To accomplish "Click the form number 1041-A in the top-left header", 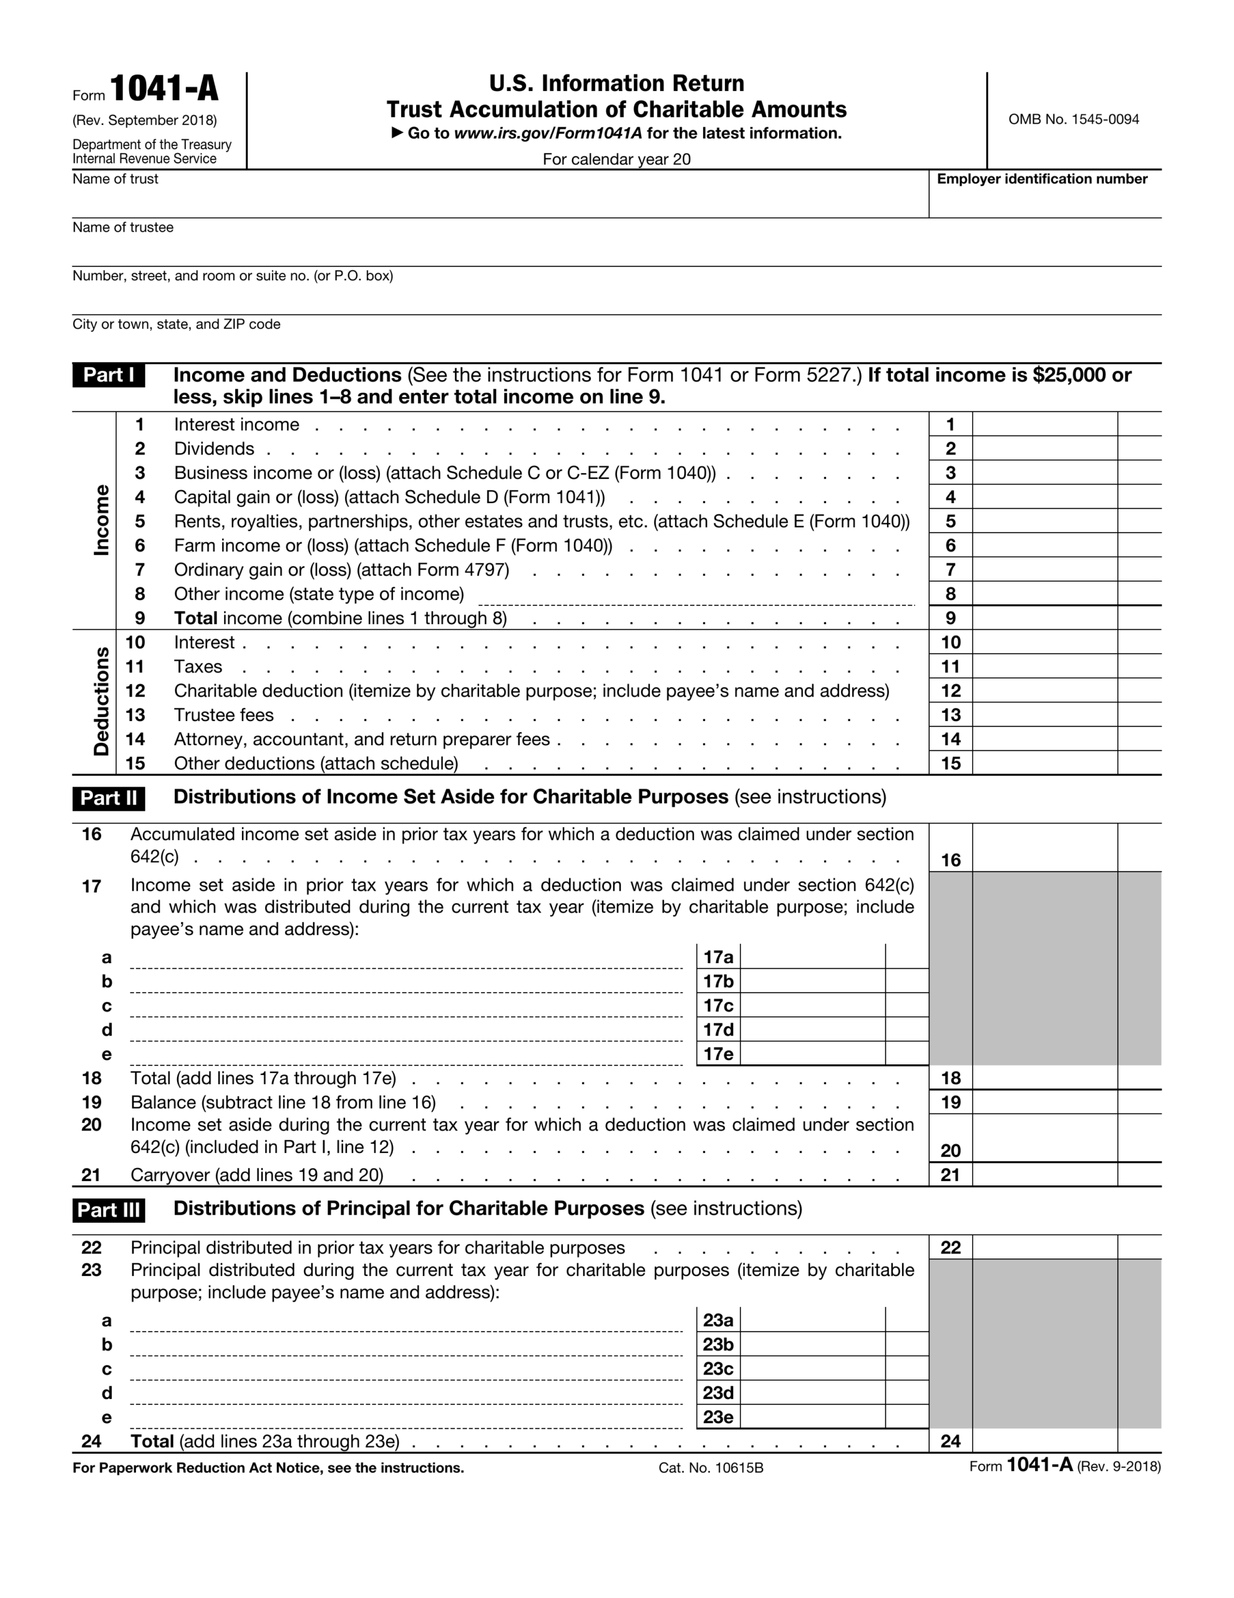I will [164, 89].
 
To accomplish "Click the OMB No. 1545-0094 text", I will [1073, 119].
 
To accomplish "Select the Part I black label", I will [109, 375].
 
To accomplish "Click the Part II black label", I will [109, 798].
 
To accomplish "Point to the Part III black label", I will [109, 1210].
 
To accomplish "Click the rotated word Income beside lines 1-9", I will [102, 520].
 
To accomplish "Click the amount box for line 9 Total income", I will [1044, 618].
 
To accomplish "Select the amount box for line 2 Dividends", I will [1044, 449].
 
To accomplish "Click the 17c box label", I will [717, 1006].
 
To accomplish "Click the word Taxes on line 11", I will [198, 667].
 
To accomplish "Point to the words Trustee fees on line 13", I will [224, 715].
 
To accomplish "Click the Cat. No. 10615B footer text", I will [710, 1468].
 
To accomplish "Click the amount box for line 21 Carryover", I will [1044, 1175].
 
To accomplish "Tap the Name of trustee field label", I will [123, 228].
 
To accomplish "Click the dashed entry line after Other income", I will [695, 599].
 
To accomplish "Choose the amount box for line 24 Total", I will [1044, 1441].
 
